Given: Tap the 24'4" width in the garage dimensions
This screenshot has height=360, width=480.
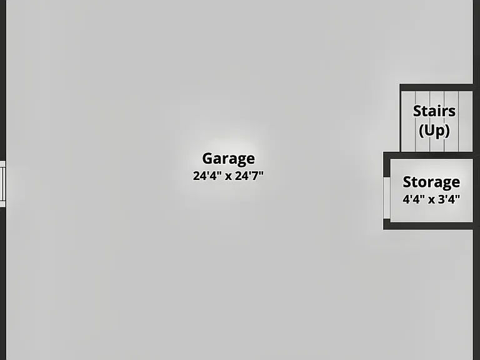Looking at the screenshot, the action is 205,176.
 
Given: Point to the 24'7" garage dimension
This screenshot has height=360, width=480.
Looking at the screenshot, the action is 249,176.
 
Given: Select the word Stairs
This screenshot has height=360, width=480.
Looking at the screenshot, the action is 434,111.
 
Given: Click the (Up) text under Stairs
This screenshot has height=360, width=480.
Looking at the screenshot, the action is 434,131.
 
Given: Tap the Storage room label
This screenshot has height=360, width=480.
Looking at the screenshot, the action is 431,182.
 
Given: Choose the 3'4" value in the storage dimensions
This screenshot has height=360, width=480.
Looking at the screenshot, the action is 449,199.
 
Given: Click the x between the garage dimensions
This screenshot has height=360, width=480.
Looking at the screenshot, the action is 228,177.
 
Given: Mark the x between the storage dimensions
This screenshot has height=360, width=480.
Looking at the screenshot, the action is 431,200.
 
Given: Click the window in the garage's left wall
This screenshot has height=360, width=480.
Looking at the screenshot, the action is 2,184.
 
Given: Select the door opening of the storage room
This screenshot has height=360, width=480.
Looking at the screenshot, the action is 387,198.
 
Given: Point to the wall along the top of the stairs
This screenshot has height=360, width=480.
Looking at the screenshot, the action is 436,87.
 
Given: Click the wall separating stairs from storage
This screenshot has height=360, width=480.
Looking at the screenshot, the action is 428,155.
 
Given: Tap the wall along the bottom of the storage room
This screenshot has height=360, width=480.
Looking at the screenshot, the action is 428,226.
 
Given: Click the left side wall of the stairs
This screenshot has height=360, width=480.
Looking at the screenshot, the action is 401,118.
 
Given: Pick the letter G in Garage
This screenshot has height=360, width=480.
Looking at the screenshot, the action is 207,159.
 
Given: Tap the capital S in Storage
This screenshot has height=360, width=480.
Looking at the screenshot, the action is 407,182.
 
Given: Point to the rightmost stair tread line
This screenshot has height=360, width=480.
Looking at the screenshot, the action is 459,121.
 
